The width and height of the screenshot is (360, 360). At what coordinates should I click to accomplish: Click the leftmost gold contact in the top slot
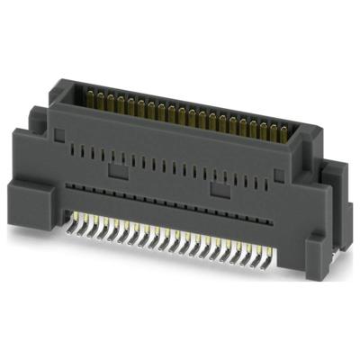coord(90,94)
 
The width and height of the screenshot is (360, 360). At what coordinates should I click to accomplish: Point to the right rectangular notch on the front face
coord(216,190)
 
